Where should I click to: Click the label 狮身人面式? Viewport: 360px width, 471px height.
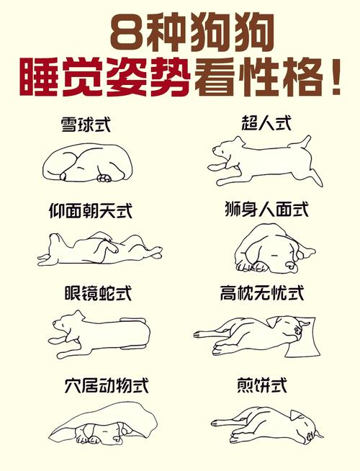266,210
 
